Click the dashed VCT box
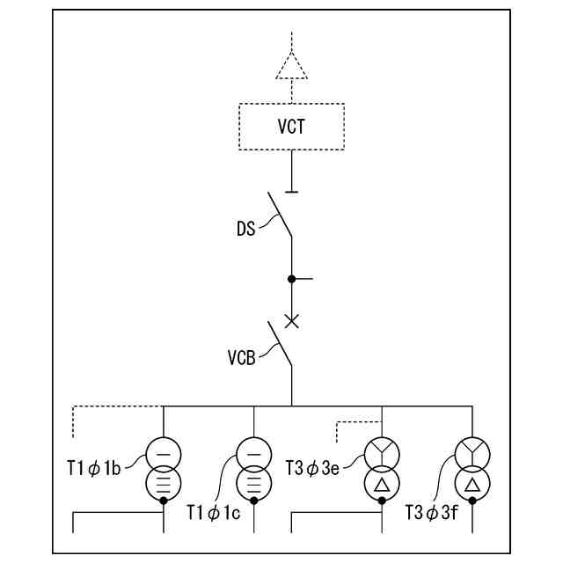pyautogui.click(x=291, y=126)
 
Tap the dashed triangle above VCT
pyautogui.click(x=291, y=67)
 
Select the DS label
pyautogui.click(x=246, y=230)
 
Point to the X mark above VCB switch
pyautogui.click(x=292, y=321)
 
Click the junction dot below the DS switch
pyautogui.click(x=292, y=279)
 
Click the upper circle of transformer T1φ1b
pyautogui.click(x=164, y=454)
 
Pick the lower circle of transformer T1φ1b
pyautogui.click(x=164, y=482)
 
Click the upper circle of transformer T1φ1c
pyautogui.click(x=253, y=454)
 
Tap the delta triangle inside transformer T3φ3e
pyautogui.click(x=382, y=484)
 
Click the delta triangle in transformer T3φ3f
pyautogui.click(x=472, y=484)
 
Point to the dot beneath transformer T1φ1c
pyautogui.click(x=253, y=501)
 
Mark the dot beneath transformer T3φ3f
pyautogui.click(x=472, y=501)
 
